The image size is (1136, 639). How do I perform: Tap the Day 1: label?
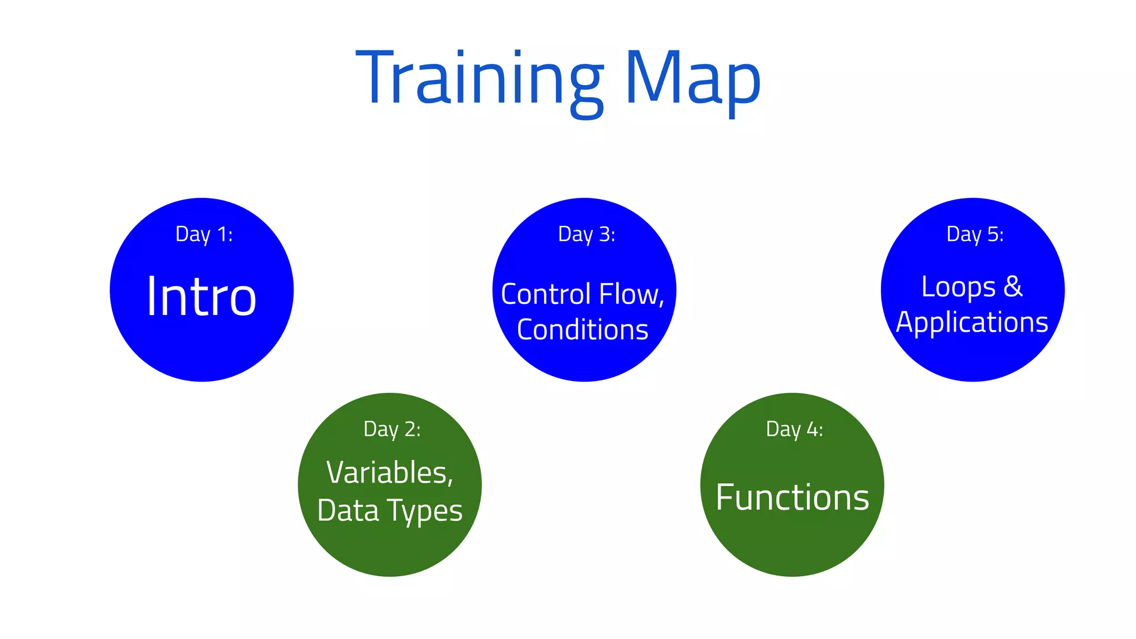pyautogui.click(x=204, y=235)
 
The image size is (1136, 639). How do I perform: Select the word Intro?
pyautogui.click(x=201, y=297)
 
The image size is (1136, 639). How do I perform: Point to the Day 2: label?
pyautogui.click(x=392, y=429)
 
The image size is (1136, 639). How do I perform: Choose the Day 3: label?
pyautogui.click(x=586, y=235)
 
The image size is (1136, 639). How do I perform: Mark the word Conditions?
pyautogui.click(x=582, y=329)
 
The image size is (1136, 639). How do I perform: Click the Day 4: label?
pyautogui.click(x=794, y=429)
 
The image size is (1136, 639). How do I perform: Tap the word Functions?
pyautogui.click(x=792, y=497)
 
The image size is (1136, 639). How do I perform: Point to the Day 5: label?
pyautogui.click(x=975, y=235)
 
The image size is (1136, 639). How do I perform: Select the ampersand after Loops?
pyautogui.click(x=1013, y=286)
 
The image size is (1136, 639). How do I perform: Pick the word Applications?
pyautogui.click(x=972, y=322)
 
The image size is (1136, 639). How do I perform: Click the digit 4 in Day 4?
pyautogui.click(x=812, y=429)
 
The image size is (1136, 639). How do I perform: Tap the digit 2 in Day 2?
pyautogui.click(x=410, y=429)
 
